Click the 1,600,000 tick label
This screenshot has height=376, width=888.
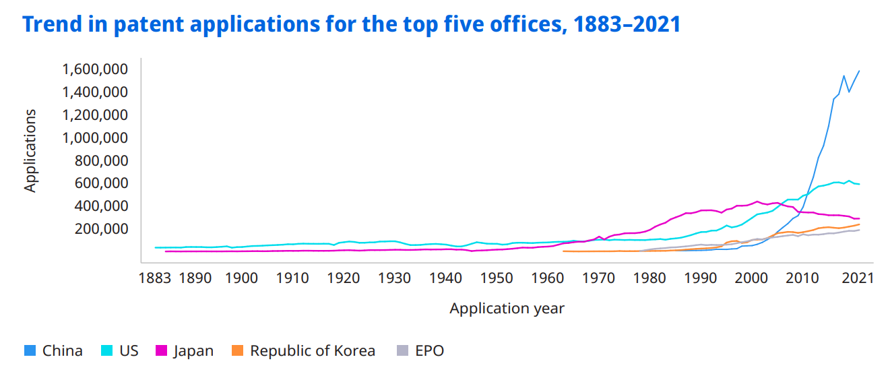(x=95, y=69)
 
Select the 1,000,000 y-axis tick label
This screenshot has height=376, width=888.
(x=95, y=138)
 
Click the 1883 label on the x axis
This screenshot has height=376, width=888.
(x=154, y=278)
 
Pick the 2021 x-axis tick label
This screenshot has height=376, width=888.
(x=858, y=278)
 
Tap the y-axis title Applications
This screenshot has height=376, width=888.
(x=30, y=150)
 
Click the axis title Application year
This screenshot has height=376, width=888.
(x=507, y=309)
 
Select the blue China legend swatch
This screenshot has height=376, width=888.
(x=29, y=351)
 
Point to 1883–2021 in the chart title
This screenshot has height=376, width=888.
(x=627, y=25)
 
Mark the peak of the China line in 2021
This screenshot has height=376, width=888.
(x=859, y=71)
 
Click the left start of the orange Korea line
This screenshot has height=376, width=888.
(x=563, y=251)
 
